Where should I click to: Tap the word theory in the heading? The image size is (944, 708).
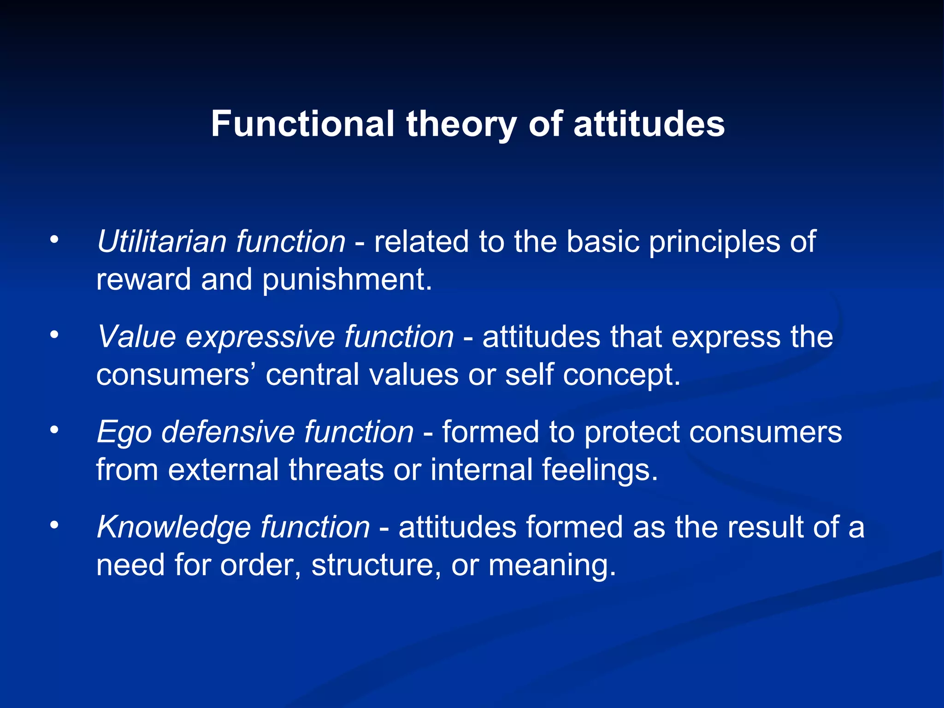pyautogui.click(x=461, y=124)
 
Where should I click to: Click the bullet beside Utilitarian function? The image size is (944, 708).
pyautogui.click(x=55, y=240)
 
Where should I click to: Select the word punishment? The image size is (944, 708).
pyautogui.click(x=347, y=280)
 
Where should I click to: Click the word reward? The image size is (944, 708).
pyautogui.click(x=143, y=279)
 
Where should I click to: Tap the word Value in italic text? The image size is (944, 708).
pyautogui.click(x=136, y=336)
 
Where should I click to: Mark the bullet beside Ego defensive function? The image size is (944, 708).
pyautogui.click(x=55, y=430)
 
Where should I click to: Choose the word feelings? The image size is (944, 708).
pyautogui.click(x=600, y=470)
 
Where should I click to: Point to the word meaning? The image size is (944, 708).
pyautogui.click(x=552, y=566)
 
